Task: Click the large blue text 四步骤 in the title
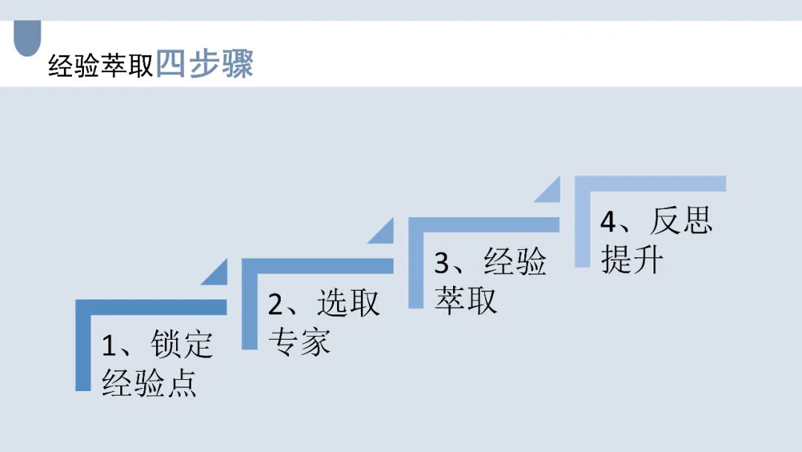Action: (x=205, y=65)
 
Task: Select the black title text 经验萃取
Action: (x=100, y=66)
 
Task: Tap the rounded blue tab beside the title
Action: (x=27, y=39)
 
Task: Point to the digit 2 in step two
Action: (x=276, y=305)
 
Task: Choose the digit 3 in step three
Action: (x=443, y=263)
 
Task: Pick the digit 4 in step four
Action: (x=609, y=222)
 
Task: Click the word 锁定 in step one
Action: (x=182, y=345)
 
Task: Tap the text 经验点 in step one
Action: (x=149, y=384)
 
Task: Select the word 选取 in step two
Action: (x=348, y=303)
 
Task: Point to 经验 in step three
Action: (x=515, y=262)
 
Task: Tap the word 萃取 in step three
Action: (x=466, y=300)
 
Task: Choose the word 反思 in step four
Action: (x=681, y=221)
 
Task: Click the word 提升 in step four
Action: (x=632, y=260)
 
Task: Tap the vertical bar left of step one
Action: (x=82, y=349)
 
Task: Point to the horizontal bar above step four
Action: (x=651, y=184)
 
